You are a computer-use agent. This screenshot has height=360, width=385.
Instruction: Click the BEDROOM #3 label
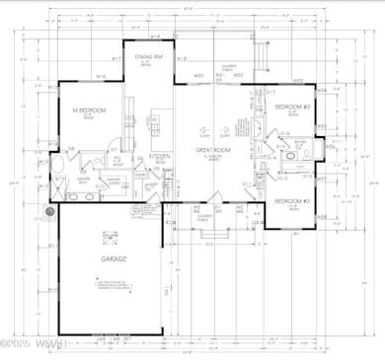(x=293, y=107)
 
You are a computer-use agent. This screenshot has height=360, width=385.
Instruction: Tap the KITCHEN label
(x=160, y=156)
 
